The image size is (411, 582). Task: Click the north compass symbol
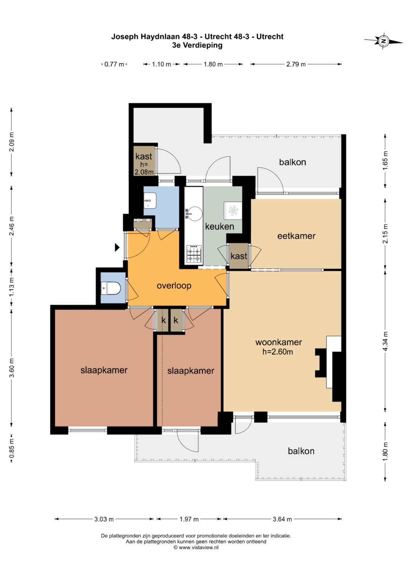click(384, 41)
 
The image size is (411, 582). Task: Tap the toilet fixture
click(111, 288)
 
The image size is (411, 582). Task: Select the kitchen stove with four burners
click(194, 253)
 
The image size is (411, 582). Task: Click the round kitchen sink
click(194, 213)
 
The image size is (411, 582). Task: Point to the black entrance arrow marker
click(117, 247)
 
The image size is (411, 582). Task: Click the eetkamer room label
click(296, 236)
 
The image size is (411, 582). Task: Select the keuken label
click(220, 226)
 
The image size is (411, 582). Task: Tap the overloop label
click(174, 286)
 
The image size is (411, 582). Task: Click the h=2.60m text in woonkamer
click(278, 352)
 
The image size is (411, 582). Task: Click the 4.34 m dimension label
click(385, 341)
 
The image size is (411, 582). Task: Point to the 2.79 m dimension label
click(296, 64)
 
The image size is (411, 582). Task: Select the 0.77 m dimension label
click(114, 64)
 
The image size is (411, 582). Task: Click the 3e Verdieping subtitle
click(197, 45)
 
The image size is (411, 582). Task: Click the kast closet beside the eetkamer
click(239, 256)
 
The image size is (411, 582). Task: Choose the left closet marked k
click(163, 320)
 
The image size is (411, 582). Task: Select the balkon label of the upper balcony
click(292, 162)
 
